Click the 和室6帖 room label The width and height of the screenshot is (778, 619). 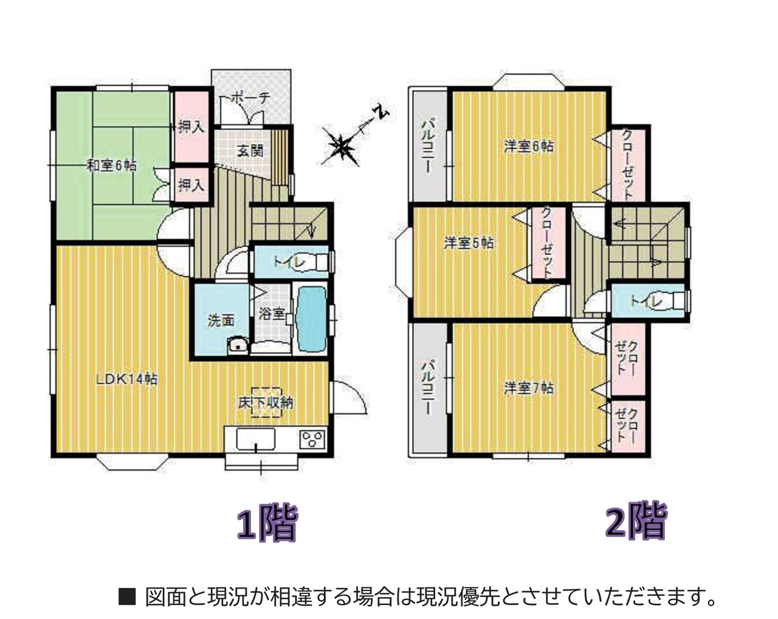[x=112, y=166]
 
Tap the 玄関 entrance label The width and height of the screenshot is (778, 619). [x=250, y=151]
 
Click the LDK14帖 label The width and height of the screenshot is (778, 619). [x=126, y=379]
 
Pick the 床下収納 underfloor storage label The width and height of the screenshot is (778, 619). [x=266, y=403]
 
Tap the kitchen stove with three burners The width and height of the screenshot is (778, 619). [x=311, y=439]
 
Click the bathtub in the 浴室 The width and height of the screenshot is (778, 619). [x=311, y=319]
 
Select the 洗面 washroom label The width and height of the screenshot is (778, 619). [x=221, y=320]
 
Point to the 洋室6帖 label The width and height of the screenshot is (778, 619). [x=529, y=147]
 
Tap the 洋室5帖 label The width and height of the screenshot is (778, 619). [x=469, y=243]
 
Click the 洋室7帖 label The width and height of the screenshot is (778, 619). [x=529, y=388]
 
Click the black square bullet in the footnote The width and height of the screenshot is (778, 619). [x=127, y=596]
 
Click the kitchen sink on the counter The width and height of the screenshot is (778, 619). [x=256, y=439]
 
